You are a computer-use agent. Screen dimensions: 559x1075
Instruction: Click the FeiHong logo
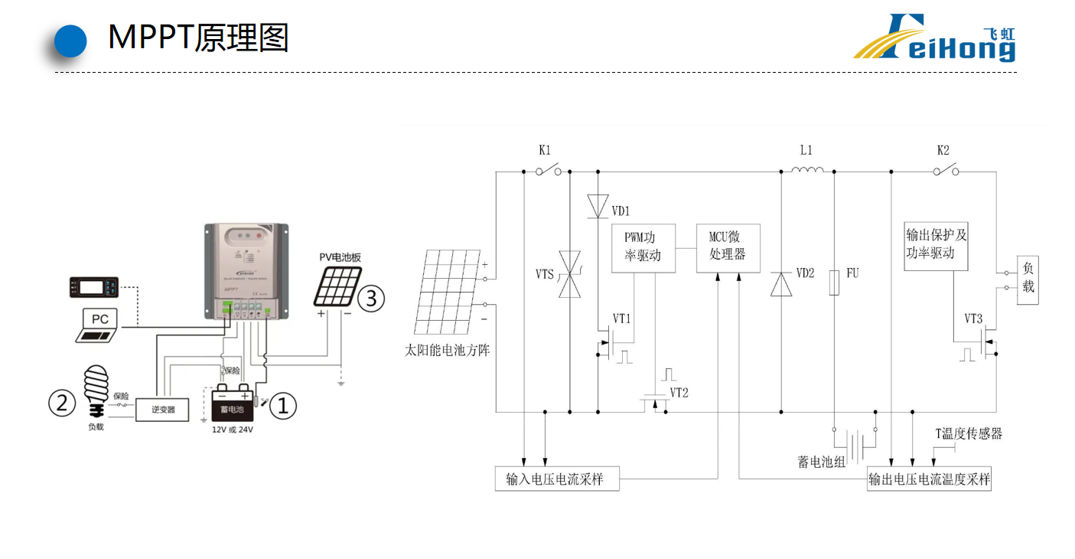934,38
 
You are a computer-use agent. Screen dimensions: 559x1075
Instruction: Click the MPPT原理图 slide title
198,37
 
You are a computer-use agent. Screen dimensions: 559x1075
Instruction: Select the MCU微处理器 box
728,248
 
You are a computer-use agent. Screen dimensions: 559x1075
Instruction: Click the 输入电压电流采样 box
556,479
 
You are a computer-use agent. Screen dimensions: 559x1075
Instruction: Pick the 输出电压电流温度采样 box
929,479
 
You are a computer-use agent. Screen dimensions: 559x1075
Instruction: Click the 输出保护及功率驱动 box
936,245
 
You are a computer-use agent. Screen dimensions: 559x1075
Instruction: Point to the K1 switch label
544,150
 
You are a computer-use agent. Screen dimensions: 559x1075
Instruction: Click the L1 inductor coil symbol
806,171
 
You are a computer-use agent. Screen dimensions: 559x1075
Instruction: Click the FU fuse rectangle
835,282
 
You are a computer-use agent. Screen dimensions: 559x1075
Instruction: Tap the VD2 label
806,273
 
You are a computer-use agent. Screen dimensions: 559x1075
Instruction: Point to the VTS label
545,273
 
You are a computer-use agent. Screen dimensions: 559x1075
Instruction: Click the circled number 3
371,298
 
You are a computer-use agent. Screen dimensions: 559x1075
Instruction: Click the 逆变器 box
162,410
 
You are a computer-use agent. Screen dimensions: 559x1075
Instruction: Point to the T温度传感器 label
969,434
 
